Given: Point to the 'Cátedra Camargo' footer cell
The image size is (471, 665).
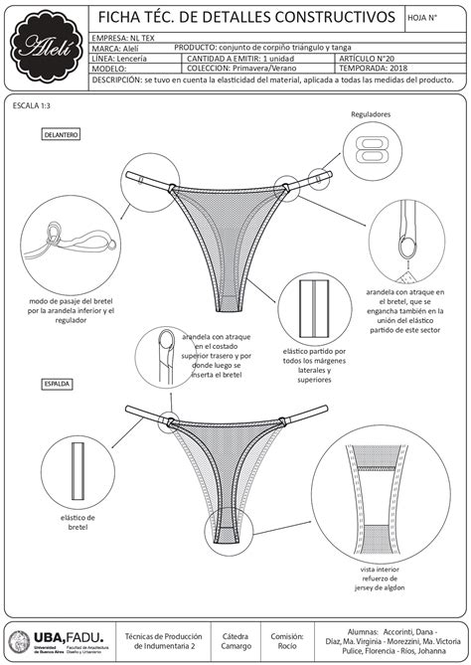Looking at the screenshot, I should (235, 640).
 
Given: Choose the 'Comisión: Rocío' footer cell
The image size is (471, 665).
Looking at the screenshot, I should (287, 640).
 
